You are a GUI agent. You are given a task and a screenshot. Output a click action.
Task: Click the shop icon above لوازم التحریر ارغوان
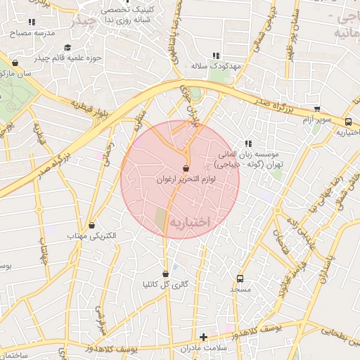tap(186, 169)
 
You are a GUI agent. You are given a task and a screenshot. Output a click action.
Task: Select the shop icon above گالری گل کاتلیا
tap(165, 274)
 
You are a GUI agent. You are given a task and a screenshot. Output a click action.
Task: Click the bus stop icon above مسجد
tap(240, 278)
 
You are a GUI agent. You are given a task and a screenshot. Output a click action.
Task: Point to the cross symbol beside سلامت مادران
tap(204, 337)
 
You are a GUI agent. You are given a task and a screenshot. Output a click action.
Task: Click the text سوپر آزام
tap(316, 120)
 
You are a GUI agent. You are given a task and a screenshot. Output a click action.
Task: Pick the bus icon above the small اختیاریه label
tap(348, 122)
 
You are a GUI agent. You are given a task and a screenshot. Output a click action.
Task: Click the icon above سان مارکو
tap(15, 63)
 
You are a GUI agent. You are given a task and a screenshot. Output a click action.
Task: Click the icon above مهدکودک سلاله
tap(216, 55)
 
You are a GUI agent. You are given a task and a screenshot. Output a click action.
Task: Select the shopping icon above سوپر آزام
tap(317, 110)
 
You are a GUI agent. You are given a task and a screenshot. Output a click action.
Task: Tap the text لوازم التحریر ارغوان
tap(186, 179)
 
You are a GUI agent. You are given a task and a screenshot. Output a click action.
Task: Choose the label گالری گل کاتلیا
tap(165, 285)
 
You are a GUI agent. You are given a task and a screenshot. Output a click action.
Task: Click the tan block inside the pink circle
tap(161, 220)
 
